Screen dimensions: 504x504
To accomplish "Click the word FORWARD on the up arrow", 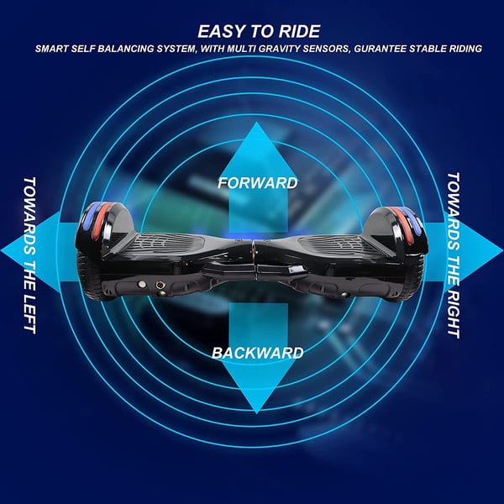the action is (258, 183).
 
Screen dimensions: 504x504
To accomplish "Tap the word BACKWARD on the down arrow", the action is (258, 353).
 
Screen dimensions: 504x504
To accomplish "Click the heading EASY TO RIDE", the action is (259, 32).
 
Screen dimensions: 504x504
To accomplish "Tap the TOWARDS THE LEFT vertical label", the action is (29, 255).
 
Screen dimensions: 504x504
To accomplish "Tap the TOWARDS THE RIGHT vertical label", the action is (454, 255).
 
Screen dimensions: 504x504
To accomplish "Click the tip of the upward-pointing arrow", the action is (256, 123).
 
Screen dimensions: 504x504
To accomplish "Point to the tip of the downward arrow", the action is (256, 413).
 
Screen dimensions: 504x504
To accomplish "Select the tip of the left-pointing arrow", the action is (2, 250).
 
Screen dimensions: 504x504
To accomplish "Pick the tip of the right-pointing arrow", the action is (502, 250).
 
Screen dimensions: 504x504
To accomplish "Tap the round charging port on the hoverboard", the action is (160, 285).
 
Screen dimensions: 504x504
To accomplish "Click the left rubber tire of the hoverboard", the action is (88, 276).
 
